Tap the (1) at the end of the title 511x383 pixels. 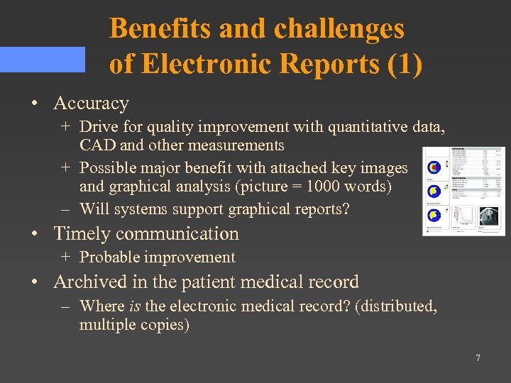point(405,64)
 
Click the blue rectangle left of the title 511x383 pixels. point(42,60)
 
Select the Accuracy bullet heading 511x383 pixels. point(91,104)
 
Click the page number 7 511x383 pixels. point(478,358)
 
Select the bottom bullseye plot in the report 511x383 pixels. point(434,215)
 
